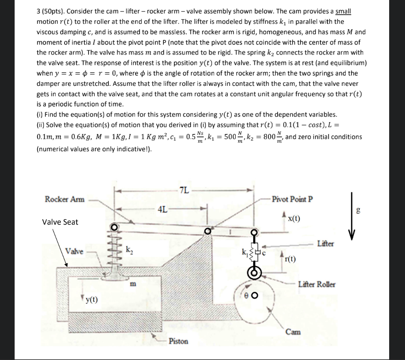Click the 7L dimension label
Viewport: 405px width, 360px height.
(x=184, y=190)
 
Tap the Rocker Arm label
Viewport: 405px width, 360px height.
(x=64, y=199)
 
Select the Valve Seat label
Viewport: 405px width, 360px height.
(x=60, y=222)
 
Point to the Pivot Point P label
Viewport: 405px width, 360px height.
(x=292, y=199)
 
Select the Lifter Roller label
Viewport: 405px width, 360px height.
(x=317, y=284)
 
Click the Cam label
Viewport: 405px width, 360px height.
(x=293, y=332)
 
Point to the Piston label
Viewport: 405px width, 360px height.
(x=178, y=341)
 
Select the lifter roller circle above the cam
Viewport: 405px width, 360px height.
(x=255, y=272)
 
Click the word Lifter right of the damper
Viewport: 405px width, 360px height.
(x=326, y=244)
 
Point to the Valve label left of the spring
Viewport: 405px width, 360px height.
(x=74, y=251)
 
